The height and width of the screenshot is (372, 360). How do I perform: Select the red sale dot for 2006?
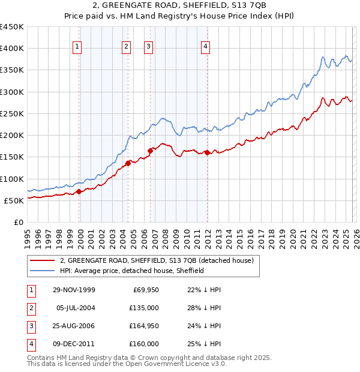click(150, 151)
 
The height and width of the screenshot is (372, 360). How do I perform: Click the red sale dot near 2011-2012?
click(206, 152)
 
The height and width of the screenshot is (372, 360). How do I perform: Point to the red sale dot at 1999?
click(79, 192)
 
